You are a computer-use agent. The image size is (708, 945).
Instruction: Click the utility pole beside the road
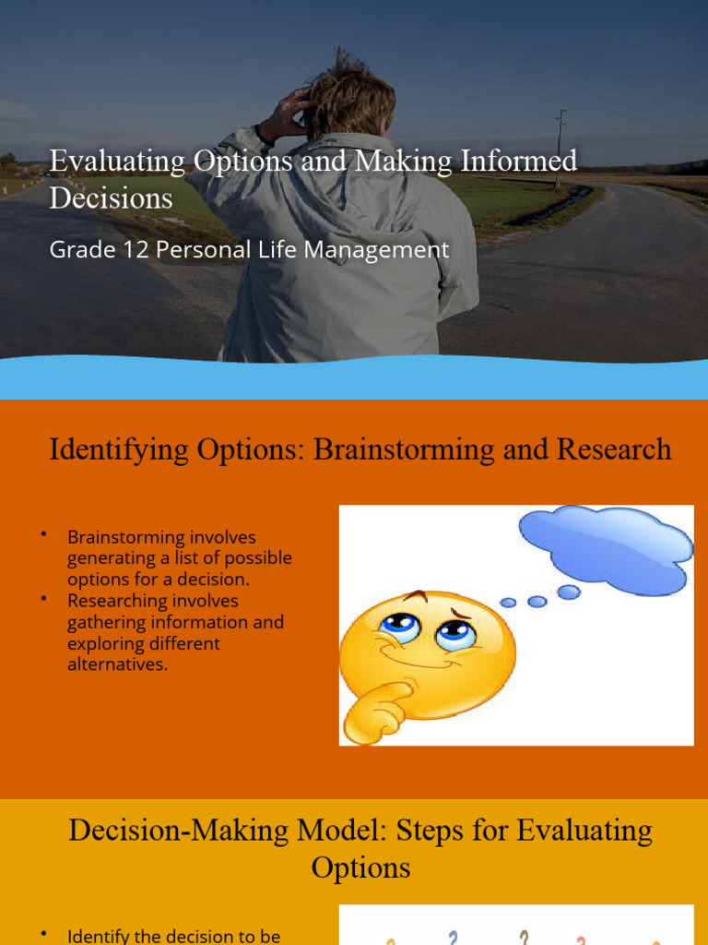coord(560,148)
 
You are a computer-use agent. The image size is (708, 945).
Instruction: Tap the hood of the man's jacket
coord(350,157)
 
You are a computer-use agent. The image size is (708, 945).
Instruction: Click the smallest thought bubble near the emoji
coord(508,603)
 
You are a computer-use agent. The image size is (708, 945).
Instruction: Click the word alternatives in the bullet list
coord(117,664)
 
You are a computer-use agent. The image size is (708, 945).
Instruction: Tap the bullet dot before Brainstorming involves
coord(43,535)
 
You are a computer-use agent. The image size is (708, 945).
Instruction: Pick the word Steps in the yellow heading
coord(434,831)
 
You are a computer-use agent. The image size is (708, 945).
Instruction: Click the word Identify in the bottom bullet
coord(98,936)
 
